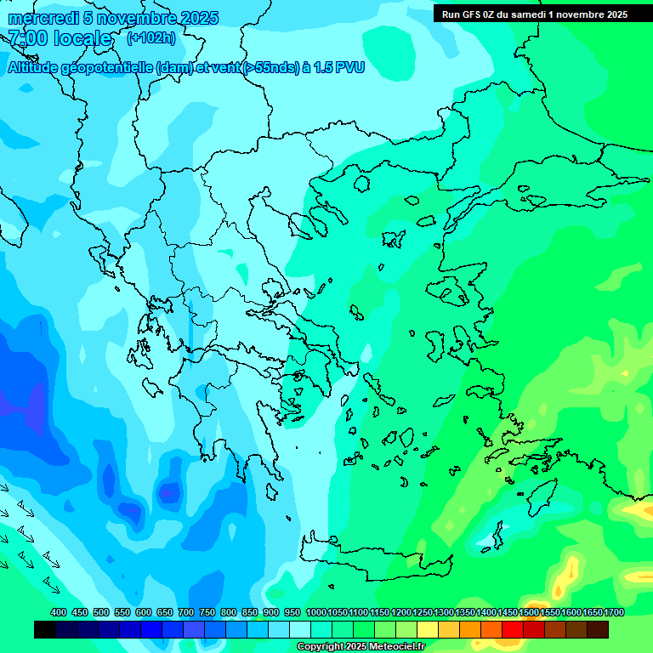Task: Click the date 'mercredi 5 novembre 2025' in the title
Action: [113, 18]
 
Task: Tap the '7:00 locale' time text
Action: [60, 38]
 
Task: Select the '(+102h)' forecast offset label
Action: [150, 37]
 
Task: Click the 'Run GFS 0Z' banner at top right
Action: [534, 14]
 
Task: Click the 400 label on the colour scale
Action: [59, 612]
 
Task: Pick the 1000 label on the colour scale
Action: [316, 612]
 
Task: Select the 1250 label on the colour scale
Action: [423, 612]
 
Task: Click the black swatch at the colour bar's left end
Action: [45, 630]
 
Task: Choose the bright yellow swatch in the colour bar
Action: [449, 630]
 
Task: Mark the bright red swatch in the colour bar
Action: [513, 630]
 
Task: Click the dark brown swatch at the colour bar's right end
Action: [598, 630]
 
